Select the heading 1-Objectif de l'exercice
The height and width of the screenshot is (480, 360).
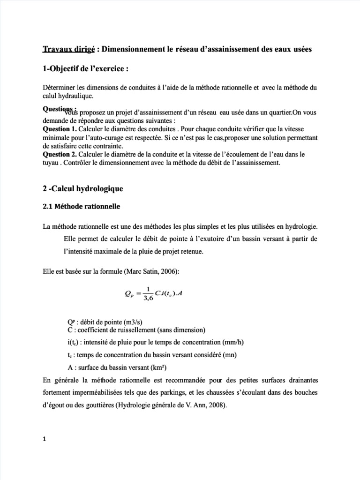[85, 68]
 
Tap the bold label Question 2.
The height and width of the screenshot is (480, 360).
[60, 154]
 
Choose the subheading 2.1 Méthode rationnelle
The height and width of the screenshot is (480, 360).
[81, 206]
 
